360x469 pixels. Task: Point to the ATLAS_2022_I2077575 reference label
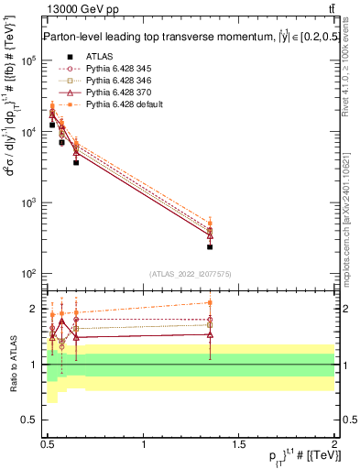pos(190,273)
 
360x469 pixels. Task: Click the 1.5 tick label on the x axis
pos(239,444)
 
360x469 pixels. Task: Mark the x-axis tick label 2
pos(334,444)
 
